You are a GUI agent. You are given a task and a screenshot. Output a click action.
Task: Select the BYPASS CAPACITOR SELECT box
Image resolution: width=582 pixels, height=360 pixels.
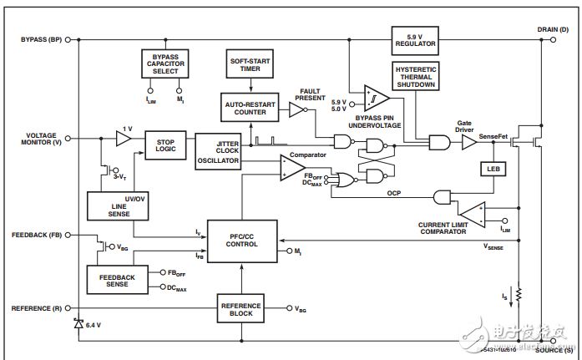coord(165,62)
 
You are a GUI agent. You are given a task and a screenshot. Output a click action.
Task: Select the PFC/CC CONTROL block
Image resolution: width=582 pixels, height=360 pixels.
coord(242,241)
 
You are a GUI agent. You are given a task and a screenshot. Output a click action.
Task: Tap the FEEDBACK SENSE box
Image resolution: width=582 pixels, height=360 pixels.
coord(116,279)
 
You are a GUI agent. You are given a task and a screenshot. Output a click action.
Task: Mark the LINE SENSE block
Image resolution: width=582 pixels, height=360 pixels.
coord(116,206)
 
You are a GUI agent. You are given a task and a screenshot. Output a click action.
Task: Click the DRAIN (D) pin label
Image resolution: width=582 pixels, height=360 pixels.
coord(553,28)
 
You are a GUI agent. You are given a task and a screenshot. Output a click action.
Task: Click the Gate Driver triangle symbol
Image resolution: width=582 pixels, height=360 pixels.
coord(469,143)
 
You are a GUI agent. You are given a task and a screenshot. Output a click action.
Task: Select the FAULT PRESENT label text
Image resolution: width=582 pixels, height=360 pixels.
coord(310,94)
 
